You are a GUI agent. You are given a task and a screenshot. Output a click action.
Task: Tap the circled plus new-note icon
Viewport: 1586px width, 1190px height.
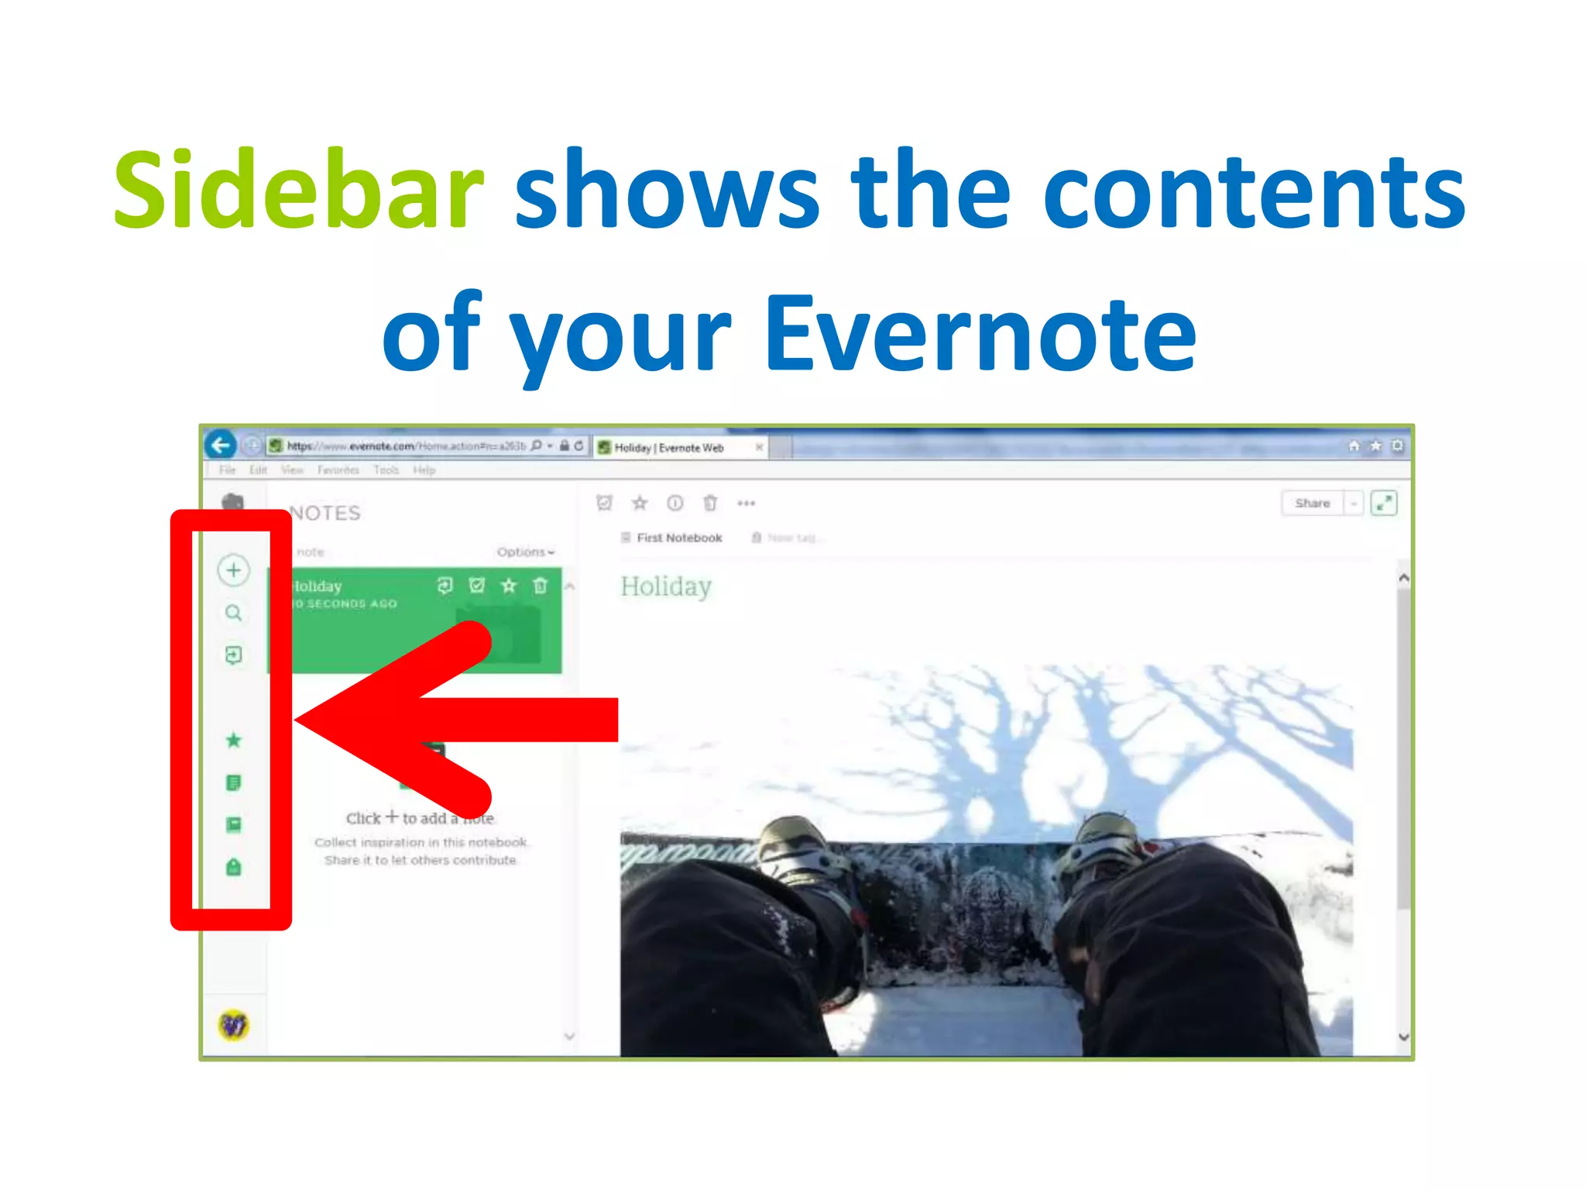click(x=233, y=570)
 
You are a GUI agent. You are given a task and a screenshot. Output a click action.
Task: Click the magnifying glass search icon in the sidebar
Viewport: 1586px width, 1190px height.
click(x=233, y=614)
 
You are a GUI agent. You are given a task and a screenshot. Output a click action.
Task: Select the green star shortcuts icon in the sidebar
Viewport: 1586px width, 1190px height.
click(x=233, y=741)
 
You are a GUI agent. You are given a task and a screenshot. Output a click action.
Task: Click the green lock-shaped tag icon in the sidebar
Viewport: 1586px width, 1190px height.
click(x=233, y=867)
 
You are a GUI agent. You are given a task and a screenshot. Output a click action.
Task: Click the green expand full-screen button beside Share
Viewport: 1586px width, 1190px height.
click(x=1383, y=503)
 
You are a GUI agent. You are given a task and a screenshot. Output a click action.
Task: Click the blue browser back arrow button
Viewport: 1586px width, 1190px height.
click(x=221, y=445)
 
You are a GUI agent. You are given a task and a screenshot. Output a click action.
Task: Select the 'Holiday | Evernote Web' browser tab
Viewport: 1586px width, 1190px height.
click(x=670, y=448)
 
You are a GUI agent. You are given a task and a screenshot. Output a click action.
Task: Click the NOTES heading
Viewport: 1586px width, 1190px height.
click(x=325, y=513)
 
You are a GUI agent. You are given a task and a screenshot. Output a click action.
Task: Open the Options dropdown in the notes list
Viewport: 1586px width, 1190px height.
click(x=525, y=552)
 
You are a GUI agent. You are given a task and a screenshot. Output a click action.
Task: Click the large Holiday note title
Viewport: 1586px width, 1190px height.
click(x=666, y=586)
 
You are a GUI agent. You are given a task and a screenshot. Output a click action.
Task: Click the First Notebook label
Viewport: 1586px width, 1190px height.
click(x=678, y=538)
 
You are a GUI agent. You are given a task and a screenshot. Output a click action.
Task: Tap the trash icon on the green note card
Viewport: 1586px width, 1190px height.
click(x=541, y=586)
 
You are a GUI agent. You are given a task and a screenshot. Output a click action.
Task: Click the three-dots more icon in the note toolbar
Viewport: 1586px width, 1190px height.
click(x=746, y=504)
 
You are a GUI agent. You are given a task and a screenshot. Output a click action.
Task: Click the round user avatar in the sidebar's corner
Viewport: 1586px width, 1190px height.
click(x=233, y=1025)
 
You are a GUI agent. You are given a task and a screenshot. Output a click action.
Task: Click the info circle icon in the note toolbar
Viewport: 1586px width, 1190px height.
click(x=675, y=504)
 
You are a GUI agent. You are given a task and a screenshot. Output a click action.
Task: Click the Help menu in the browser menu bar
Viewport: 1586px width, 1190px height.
click(x=424, y=470)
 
